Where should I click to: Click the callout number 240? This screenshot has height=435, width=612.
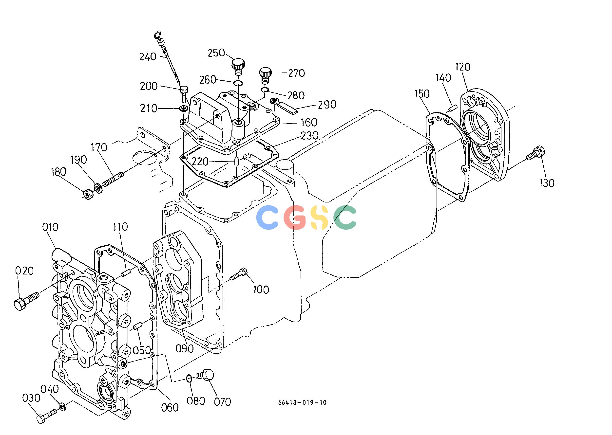[x=148, y=57]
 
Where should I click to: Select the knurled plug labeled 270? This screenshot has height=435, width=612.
[x=265, y=75]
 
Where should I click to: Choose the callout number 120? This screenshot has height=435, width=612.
[x=463, y=67]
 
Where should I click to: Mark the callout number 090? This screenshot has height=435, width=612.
[x=184, y=348]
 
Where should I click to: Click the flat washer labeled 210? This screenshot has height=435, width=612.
[x=184, y=109]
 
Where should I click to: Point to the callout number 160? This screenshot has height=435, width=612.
[x=309, y=122]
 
